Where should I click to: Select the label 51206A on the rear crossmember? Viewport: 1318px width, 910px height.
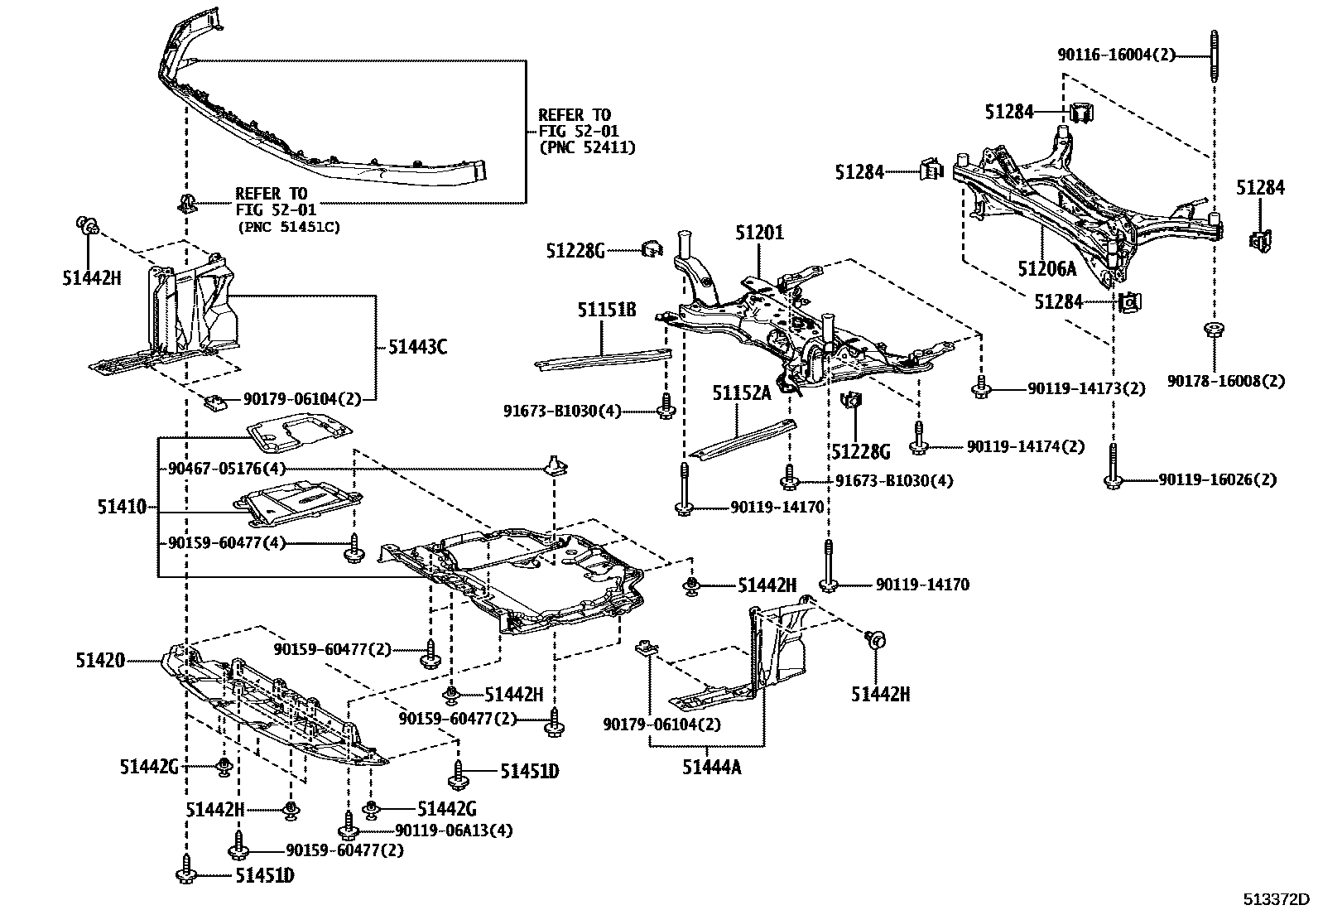[1047, 268]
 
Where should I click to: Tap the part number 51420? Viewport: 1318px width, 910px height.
[100, 660]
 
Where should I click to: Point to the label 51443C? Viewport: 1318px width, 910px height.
[417, 347]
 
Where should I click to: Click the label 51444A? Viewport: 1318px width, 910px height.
[711, 768]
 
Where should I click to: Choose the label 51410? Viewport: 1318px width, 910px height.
[121, 507]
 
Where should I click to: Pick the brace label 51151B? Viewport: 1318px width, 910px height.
[607, 310]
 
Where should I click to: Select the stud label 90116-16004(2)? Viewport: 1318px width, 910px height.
[1116, 55]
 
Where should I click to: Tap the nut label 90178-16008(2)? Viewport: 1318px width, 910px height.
[1226, 381]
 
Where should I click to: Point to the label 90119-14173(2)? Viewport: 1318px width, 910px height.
[1086, 388]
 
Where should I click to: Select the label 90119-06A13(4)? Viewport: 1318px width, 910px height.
[453, 831]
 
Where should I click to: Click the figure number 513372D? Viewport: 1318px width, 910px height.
[1275, 898]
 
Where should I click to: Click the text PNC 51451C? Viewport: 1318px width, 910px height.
[288, 226]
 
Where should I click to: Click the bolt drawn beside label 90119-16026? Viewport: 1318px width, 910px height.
[1112, 468]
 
